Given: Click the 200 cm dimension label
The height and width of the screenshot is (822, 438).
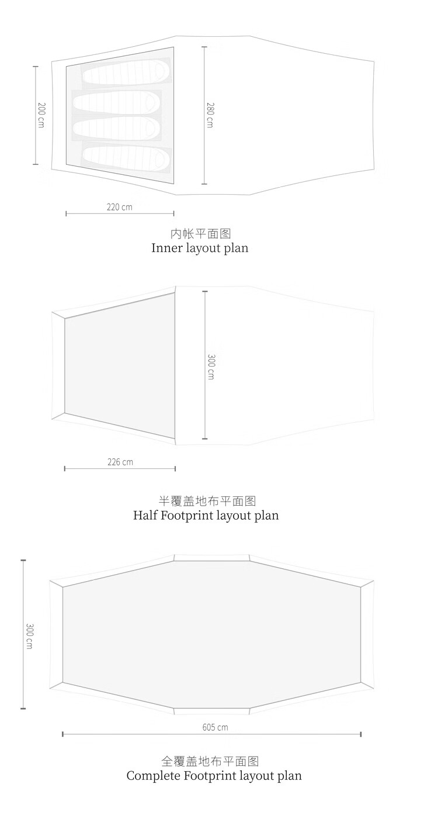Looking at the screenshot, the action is click(41, 116).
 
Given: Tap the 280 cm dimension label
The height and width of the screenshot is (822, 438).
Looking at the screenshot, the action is click(210, 115).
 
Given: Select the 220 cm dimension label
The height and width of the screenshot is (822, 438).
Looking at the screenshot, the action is click(120, 207).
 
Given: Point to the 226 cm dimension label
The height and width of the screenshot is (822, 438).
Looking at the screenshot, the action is click(120, 462).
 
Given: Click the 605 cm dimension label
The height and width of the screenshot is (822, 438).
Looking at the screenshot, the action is click(215, 727).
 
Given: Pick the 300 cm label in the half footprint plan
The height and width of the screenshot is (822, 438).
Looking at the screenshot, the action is click(211, 367).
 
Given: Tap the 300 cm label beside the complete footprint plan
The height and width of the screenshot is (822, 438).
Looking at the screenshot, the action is click(30, 636).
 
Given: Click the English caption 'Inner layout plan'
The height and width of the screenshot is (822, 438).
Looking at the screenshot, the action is click(200, 248).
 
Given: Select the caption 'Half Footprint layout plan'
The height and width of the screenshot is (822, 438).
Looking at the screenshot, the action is click(206, 515).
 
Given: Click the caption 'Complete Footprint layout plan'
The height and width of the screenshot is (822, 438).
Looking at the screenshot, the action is click(214, 776).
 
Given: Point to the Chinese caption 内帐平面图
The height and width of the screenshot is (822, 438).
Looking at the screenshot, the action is click(200, 234).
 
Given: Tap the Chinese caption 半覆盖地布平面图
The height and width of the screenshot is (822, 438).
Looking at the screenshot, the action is click(207, 501).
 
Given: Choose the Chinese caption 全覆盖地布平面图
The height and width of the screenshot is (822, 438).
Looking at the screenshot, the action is click(210, 761).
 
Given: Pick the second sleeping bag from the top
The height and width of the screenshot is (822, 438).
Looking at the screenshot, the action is click(117, 102).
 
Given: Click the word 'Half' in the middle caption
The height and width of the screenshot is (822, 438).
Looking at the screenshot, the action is click(145, 515).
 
